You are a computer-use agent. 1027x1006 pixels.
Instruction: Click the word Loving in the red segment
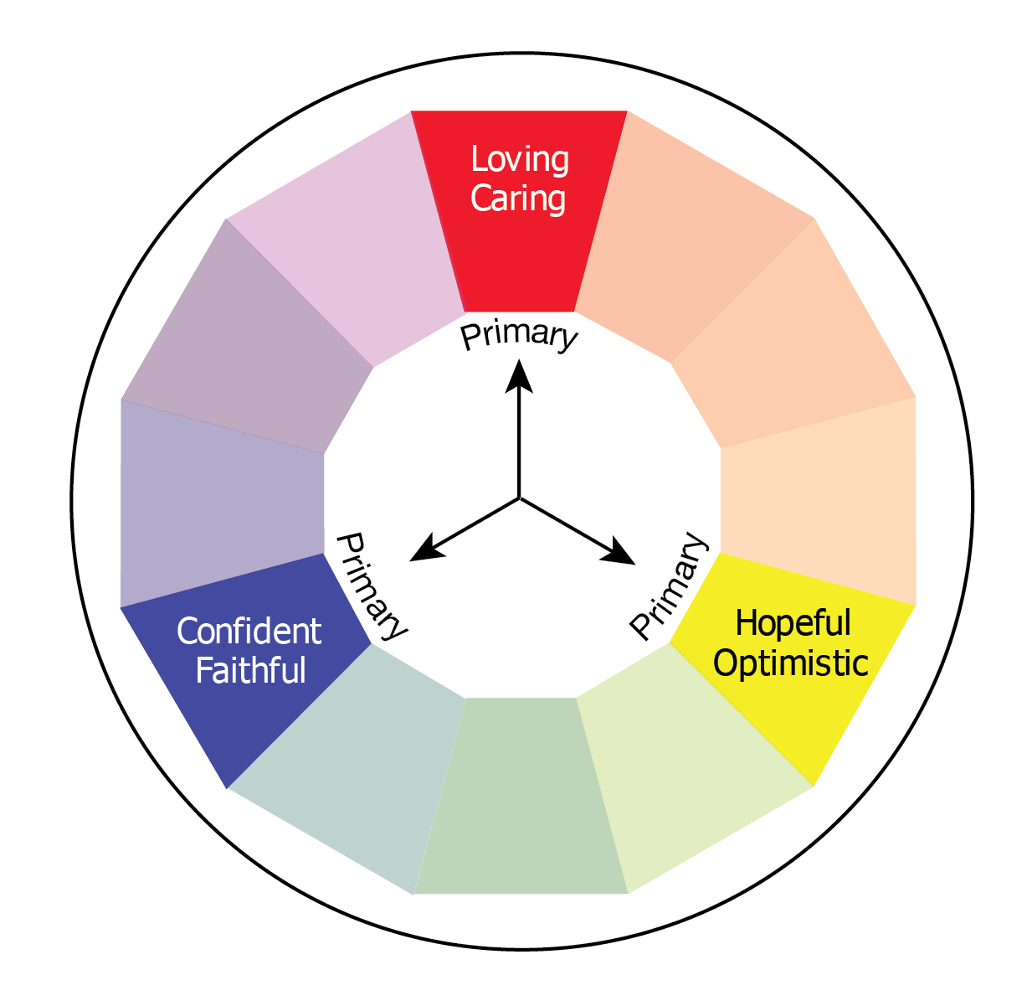point(520,159)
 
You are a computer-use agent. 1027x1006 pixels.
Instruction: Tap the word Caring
point(518,199)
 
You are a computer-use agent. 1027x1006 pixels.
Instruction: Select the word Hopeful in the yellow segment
point(793,624)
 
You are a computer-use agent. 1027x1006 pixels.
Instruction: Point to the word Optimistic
point(791,663)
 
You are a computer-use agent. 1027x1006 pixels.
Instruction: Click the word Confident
point(249,632)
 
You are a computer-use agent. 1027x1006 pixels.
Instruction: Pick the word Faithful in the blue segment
point(250,671)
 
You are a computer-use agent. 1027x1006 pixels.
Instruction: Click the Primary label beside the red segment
point(519,334)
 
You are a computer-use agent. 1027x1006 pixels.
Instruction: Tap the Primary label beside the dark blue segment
point(371,585)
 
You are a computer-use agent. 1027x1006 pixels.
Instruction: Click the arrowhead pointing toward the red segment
point(520,374)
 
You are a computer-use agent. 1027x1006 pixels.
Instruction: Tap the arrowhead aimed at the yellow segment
point(621,554)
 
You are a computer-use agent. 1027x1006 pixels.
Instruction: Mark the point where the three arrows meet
point(520,498)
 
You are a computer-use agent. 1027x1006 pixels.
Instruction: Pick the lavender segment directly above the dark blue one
point(222,503)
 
